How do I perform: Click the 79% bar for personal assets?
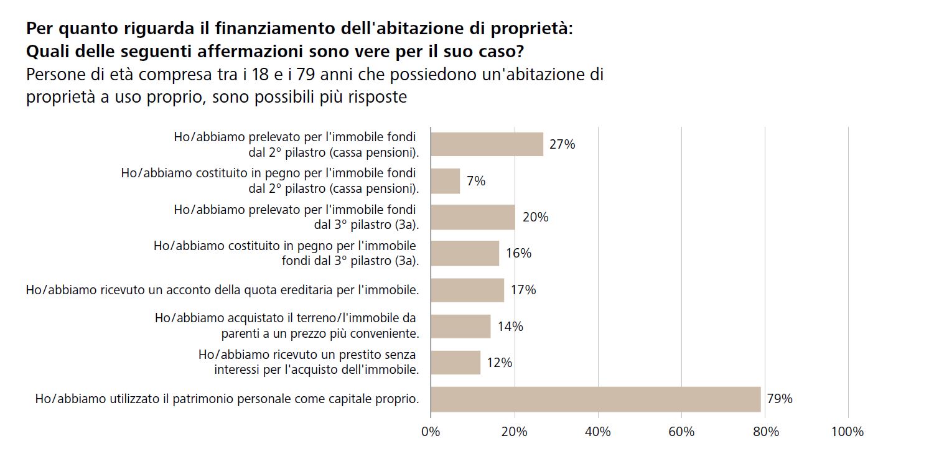(595, 399)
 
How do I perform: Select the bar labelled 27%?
(487, 144)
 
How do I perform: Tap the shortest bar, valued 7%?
(446, 181)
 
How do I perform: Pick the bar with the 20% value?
(473, 217)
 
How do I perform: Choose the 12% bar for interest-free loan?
(455, 363)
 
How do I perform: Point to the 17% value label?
(523, 290)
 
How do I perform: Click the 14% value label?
(510, 327)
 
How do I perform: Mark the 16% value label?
(518, 253)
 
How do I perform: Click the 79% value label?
(780, 399)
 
